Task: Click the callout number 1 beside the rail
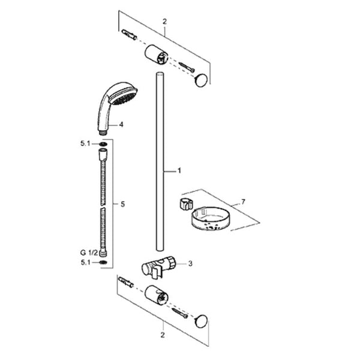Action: point(179,171)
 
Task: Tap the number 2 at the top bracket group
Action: point(164,22)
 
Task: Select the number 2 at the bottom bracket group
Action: point(163,335)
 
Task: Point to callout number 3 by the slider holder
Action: point(190,263)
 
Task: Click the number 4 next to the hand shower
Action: point(121,124)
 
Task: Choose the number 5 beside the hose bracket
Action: point(122,204)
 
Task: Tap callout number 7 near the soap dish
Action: point(243,202)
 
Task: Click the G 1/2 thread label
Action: point(89,253)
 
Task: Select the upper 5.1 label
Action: point(85,144)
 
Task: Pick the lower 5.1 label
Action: point(86,262)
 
